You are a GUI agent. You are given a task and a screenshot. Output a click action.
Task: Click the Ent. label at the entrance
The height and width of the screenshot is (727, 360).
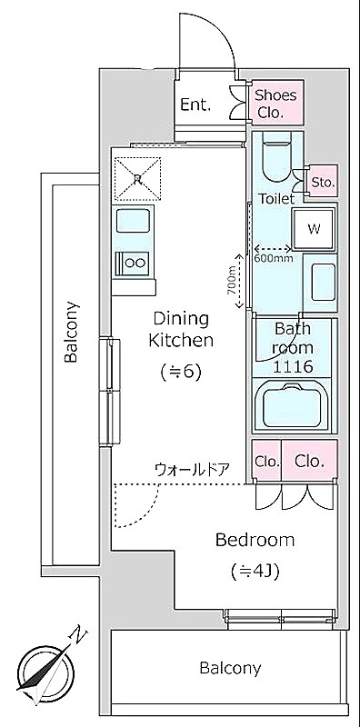[195, 105]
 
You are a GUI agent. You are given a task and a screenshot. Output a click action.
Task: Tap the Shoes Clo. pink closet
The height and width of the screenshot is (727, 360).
[277, 103]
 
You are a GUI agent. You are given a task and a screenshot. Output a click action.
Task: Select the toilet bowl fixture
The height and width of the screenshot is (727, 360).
[276, 157]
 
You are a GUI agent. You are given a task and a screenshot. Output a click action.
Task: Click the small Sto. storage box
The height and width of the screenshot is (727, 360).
[323, 183]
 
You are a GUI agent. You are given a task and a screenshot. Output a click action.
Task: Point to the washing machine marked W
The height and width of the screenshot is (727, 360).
[314, 229]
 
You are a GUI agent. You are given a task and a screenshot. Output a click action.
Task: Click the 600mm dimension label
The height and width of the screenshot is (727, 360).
[274, 258]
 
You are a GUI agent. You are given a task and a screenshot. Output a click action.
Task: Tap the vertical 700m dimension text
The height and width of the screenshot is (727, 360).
[231, 281]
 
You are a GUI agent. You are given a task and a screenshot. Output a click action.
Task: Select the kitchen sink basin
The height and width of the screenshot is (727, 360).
[133, 220]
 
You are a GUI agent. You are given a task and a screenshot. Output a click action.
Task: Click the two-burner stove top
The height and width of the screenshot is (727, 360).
[133, 263]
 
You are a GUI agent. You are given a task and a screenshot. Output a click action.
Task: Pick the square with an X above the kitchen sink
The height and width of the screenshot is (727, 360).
[137, 177]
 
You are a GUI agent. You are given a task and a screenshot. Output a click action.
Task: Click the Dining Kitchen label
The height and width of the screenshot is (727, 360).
[181, 330]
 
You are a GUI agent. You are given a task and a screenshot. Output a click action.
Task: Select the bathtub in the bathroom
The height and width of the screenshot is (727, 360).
[291, 405]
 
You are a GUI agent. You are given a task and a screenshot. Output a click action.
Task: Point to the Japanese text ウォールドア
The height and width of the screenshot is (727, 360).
[191, 470]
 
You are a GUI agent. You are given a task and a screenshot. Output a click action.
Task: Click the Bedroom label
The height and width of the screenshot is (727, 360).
[255, 540]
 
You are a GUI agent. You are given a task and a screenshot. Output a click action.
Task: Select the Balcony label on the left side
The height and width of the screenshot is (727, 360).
[71, 332]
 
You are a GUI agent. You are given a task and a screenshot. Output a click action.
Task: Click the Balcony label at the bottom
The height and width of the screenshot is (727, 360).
[230, 668]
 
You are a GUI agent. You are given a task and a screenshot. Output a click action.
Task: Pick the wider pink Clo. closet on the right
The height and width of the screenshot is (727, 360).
[309, 461]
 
